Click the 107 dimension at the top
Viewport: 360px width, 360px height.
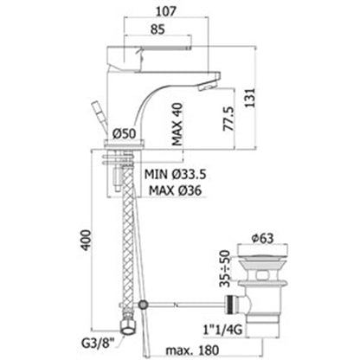(166, 11)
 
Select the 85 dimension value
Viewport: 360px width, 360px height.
(157, 29)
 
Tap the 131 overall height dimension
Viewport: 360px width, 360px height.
(250, 98)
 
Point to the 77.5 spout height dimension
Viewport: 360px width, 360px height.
(228, 119)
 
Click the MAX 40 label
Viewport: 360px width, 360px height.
(177, 125)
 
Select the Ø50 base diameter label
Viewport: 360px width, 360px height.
(124, 133)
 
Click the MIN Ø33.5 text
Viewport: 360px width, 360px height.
(175, 174)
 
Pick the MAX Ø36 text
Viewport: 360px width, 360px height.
(175, 190)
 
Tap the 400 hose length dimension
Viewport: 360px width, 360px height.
(87, 241)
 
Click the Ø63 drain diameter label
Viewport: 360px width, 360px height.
(262, 238)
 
